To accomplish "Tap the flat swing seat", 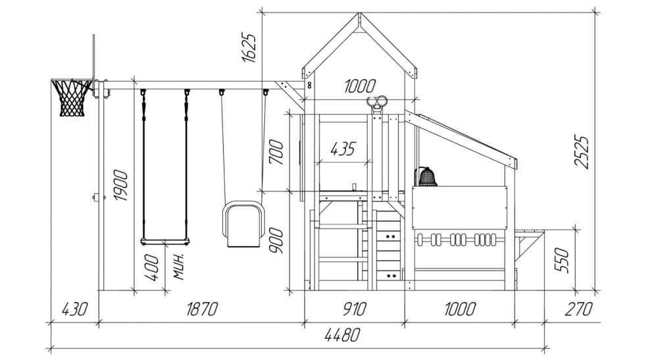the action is tap(165, 242).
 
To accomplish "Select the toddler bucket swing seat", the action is tap(243, 224).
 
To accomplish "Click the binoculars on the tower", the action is tap(377, 102).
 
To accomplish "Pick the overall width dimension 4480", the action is tap(342, 335).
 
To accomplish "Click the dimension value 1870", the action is tap(202, 309).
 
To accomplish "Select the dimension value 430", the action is tap(74, 309).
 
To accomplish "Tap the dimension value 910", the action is tap(355, 309).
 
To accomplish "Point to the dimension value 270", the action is tap(578, 309).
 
